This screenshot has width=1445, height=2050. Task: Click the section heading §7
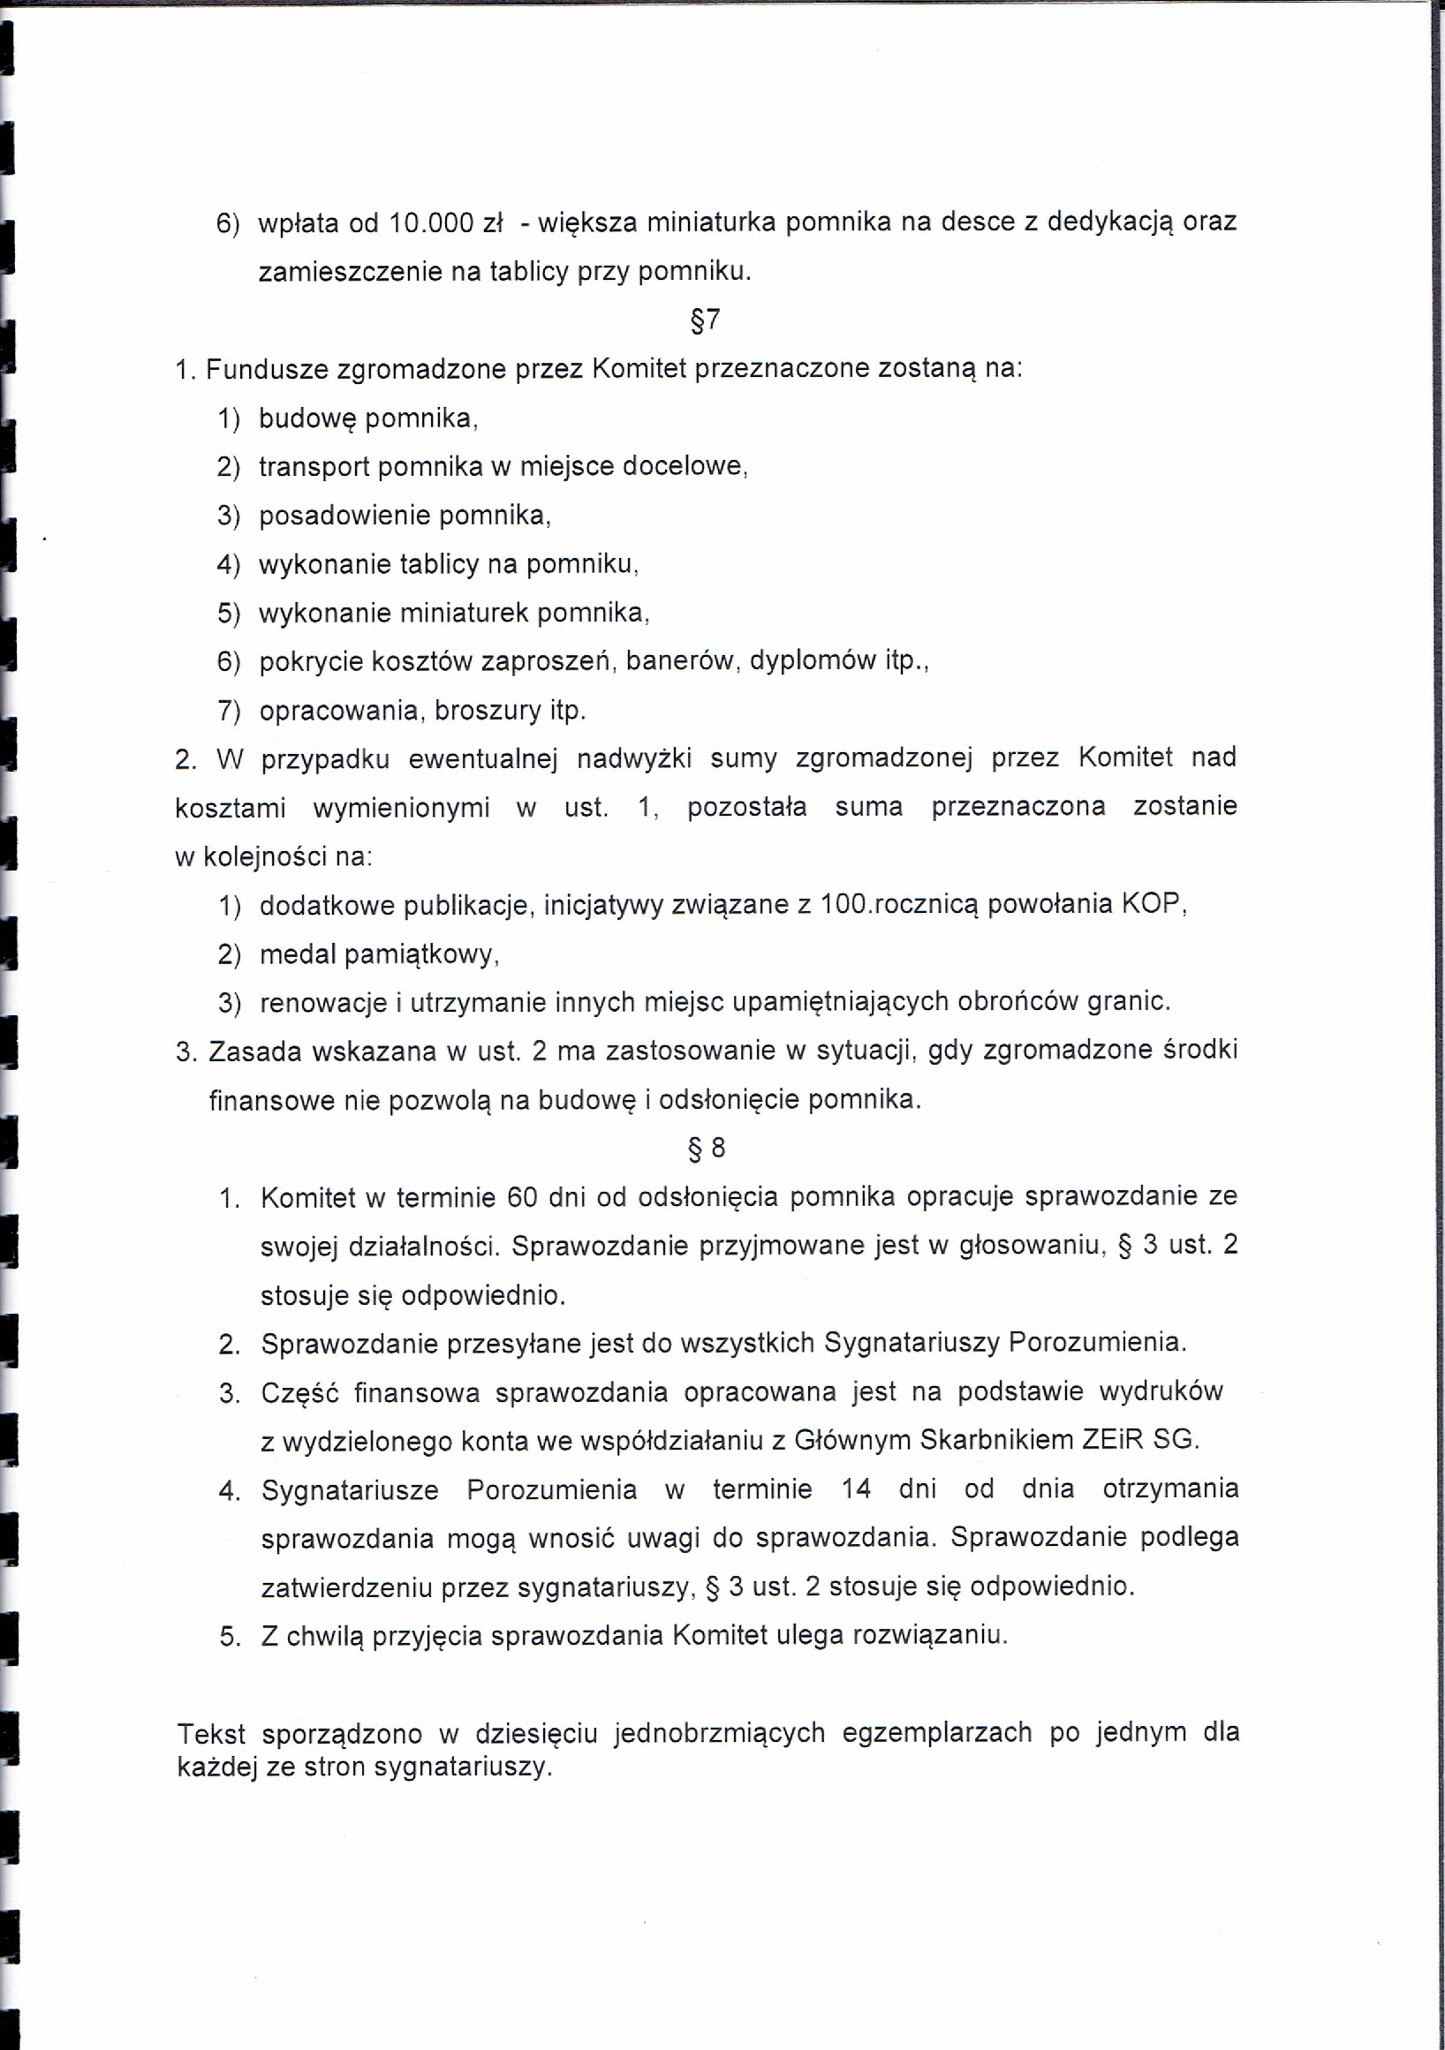coord(706,320)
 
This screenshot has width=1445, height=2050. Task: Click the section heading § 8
coord(707,1148)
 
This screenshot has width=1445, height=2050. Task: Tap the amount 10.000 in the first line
coord(432,222)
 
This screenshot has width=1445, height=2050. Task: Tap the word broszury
coord(488,711)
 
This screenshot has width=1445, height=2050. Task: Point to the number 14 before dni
coord(857,1489)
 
